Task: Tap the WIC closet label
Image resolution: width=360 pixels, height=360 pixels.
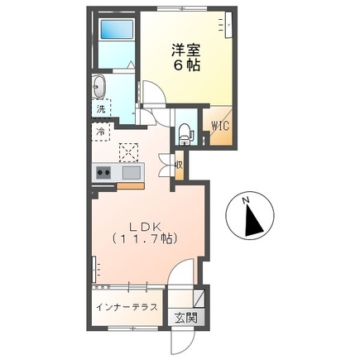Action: tap(219, 127)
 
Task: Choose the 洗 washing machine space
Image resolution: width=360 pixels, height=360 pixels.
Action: tap(100, 108)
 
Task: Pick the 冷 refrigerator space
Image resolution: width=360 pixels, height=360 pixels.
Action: tap(100, 131)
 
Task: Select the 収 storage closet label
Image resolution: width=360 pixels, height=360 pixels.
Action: tap(178, 164)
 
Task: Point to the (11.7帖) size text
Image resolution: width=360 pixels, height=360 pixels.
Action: tap(146, 239)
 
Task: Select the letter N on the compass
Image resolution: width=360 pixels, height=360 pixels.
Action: tap(245, 201)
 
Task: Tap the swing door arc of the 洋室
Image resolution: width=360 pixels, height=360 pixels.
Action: tap(154, 92)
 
